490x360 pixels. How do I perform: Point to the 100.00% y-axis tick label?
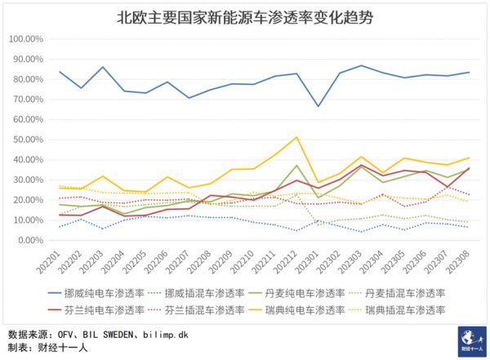click(x=28, y=38)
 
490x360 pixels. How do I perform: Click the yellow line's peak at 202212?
click(x=296, y=136)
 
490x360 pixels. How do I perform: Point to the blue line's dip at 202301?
click(x=318, y=106)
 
